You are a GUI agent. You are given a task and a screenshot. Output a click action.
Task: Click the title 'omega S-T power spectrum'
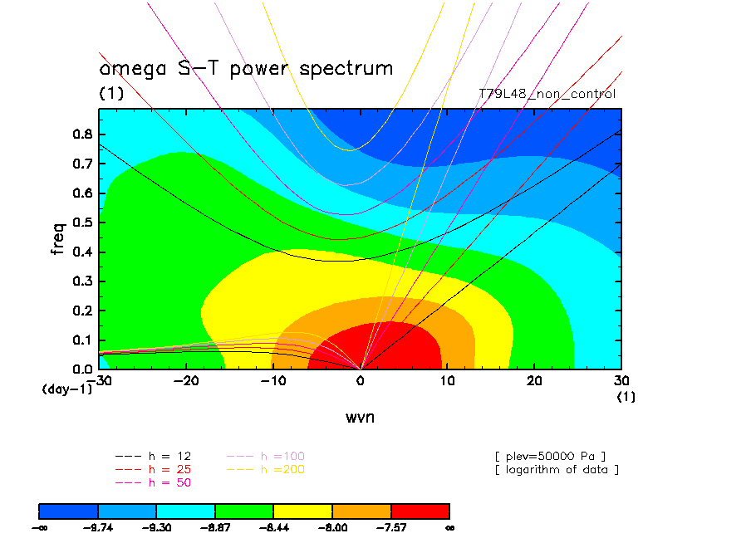[246, 68]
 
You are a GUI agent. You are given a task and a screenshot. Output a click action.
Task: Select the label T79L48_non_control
[547, 94]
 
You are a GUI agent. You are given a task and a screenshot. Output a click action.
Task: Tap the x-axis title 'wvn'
[360, 417]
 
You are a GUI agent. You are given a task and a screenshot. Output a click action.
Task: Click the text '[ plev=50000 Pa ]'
[550, 456]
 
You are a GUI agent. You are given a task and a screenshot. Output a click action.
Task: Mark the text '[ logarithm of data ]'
[557, 469]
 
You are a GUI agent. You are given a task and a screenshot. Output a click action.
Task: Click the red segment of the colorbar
[420, 510]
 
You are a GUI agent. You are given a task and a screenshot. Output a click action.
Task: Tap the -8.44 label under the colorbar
[273, 526]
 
